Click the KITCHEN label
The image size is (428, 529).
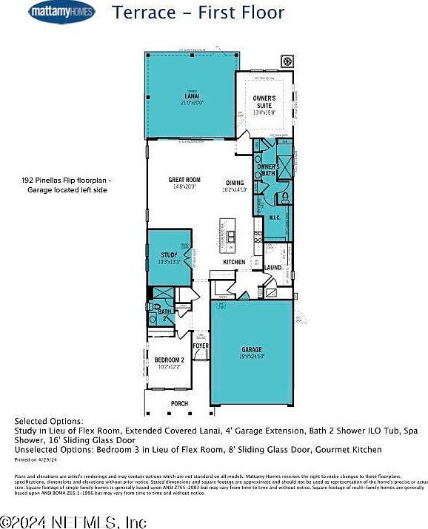click(x=234, y=263)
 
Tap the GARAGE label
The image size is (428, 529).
click(x=252, y=352)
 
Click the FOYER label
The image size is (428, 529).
click(x=201, y=346)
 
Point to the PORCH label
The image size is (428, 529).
click(x=179, y=404)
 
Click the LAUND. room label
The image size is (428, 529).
click(x=272, y=267)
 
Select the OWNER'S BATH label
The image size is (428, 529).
click(x=267, y=170)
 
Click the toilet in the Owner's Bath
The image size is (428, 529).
click(x=285, y=198)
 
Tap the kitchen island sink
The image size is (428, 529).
click(x=231, y=237)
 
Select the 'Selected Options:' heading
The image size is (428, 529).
click(x=49, y=421)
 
